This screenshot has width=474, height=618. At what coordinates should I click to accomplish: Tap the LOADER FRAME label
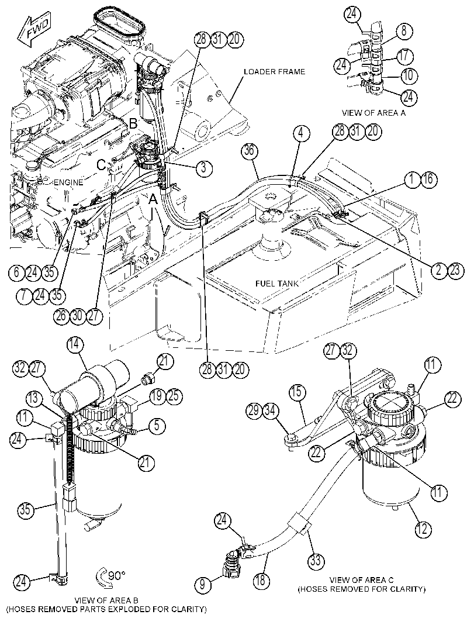[274, 72]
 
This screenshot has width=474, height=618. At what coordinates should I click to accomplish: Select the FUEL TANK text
[276, 284]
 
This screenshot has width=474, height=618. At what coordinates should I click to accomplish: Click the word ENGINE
[68, 182]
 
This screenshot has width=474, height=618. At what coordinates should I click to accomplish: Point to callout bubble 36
[251, 151]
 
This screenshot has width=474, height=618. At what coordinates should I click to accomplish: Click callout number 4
[301, 133]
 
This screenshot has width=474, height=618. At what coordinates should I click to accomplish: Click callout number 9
[203, 585]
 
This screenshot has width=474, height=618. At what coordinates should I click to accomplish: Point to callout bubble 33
[316, 561]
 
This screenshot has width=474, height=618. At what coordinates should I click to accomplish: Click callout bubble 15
[296, 392]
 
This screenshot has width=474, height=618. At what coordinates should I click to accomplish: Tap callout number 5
[157, 425]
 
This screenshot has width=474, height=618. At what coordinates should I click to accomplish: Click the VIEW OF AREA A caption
[373, 113]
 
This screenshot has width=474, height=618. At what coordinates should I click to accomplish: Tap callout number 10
[409, 75]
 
